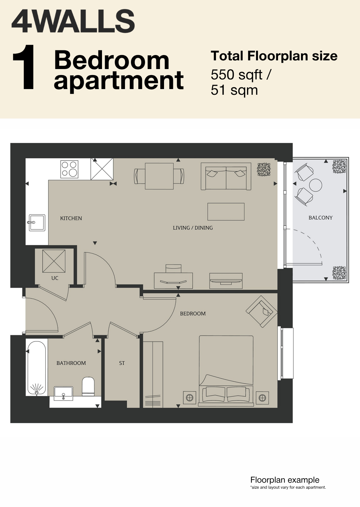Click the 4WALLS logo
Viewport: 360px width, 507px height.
pyautogui.click(x=73, y=21)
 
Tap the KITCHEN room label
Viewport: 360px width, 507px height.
pyautogui.click(x=71, y=218)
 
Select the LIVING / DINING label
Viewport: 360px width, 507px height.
pyautogui.click(x=193, y=228)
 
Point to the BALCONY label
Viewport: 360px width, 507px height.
pyautogui.click(x=320, y=218)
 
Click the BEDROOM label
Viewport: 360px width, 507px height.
pyautogui.click(x=193, y=314)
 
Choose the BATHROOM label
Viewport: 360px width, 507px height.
pyautogui.click(x=71, y=363)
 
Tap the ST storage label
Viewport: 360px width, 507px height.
pyautogui.click(x=122, y=363)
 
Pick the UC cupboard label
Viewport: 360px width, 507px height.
pyautogui.click(x=55, y=278)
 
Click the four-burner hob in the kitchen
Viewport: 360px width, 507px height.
pyautogui.click(x=69, y=169)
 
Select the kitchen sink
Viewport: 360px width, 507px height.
pyautogui.click(x=37, y=223)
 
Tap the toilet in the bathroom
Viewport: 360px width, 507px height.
pyautogui.click(x=88, y=387)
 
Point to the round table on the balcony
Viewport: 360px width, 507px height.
pyautogui.click(x=315, y=185)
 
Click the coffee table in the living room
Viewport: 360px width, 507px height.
pyautogui.click(x=226, y=211)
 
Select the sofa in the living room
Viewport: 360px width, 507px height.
pyautogui.click(x=226, y=176)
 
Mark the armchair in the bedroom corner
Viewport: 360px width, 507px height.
pyautogui.click(x=262, y=312)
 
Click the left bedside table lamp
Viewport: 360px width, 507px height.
pyautogui.click(x=189, y=398)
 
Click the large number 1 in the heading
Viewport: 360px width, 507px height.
pyautogui.click(x=24, y=67)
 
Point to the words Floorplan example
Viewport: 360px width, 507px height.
pyautogui.click(x=285, y=480)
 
